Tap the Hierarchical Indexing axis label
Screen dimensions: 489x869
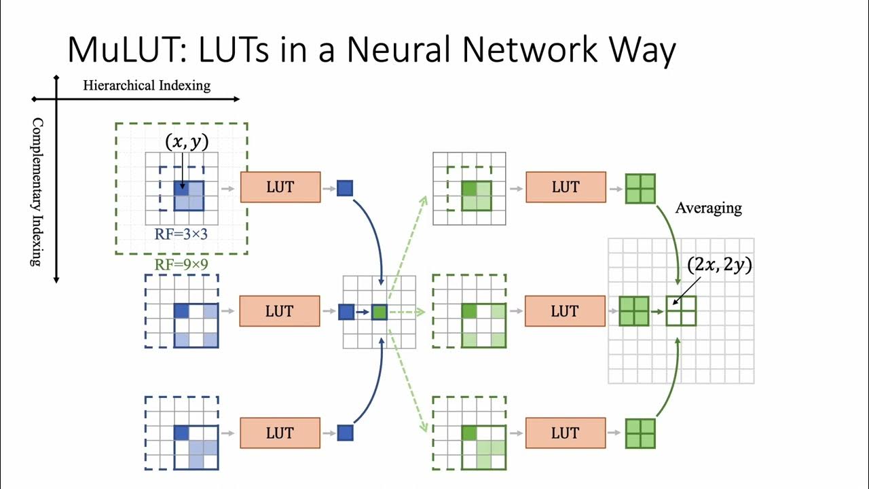[147, 86]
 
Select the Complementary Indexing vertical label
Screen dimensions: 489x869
[38, 192]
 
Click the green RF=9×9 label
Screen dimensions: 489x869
[181, 265]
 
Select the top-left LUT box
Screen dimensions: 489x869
[280, 187]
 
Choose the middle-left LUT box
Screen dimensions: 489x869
[280, 311]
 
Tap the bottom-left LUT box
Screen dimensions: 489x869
[280, 433]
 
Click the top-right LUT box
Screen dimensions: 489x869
[565, 187]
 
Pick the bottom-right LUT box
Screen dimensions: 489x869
[565, 433]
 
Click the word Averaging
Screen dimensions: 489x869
[708, 209]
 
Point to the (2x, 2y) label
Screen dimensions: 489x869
[720, 266]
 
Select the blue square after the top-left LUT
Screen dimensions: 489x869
[346, 188]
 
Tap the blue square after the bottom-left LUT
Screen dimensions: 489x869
[346, 433]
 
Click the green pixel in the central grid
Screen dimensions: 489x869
[380, 312]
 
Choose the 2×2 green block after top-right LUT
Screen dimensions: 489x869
[640, 188]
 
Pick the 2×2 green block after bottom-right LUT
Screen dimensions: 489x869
[640, 433]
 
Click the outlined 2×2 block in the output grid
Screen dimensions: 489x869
[681, 311]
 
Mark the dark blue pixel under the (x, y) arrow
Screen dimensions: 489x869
[182, 189]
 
